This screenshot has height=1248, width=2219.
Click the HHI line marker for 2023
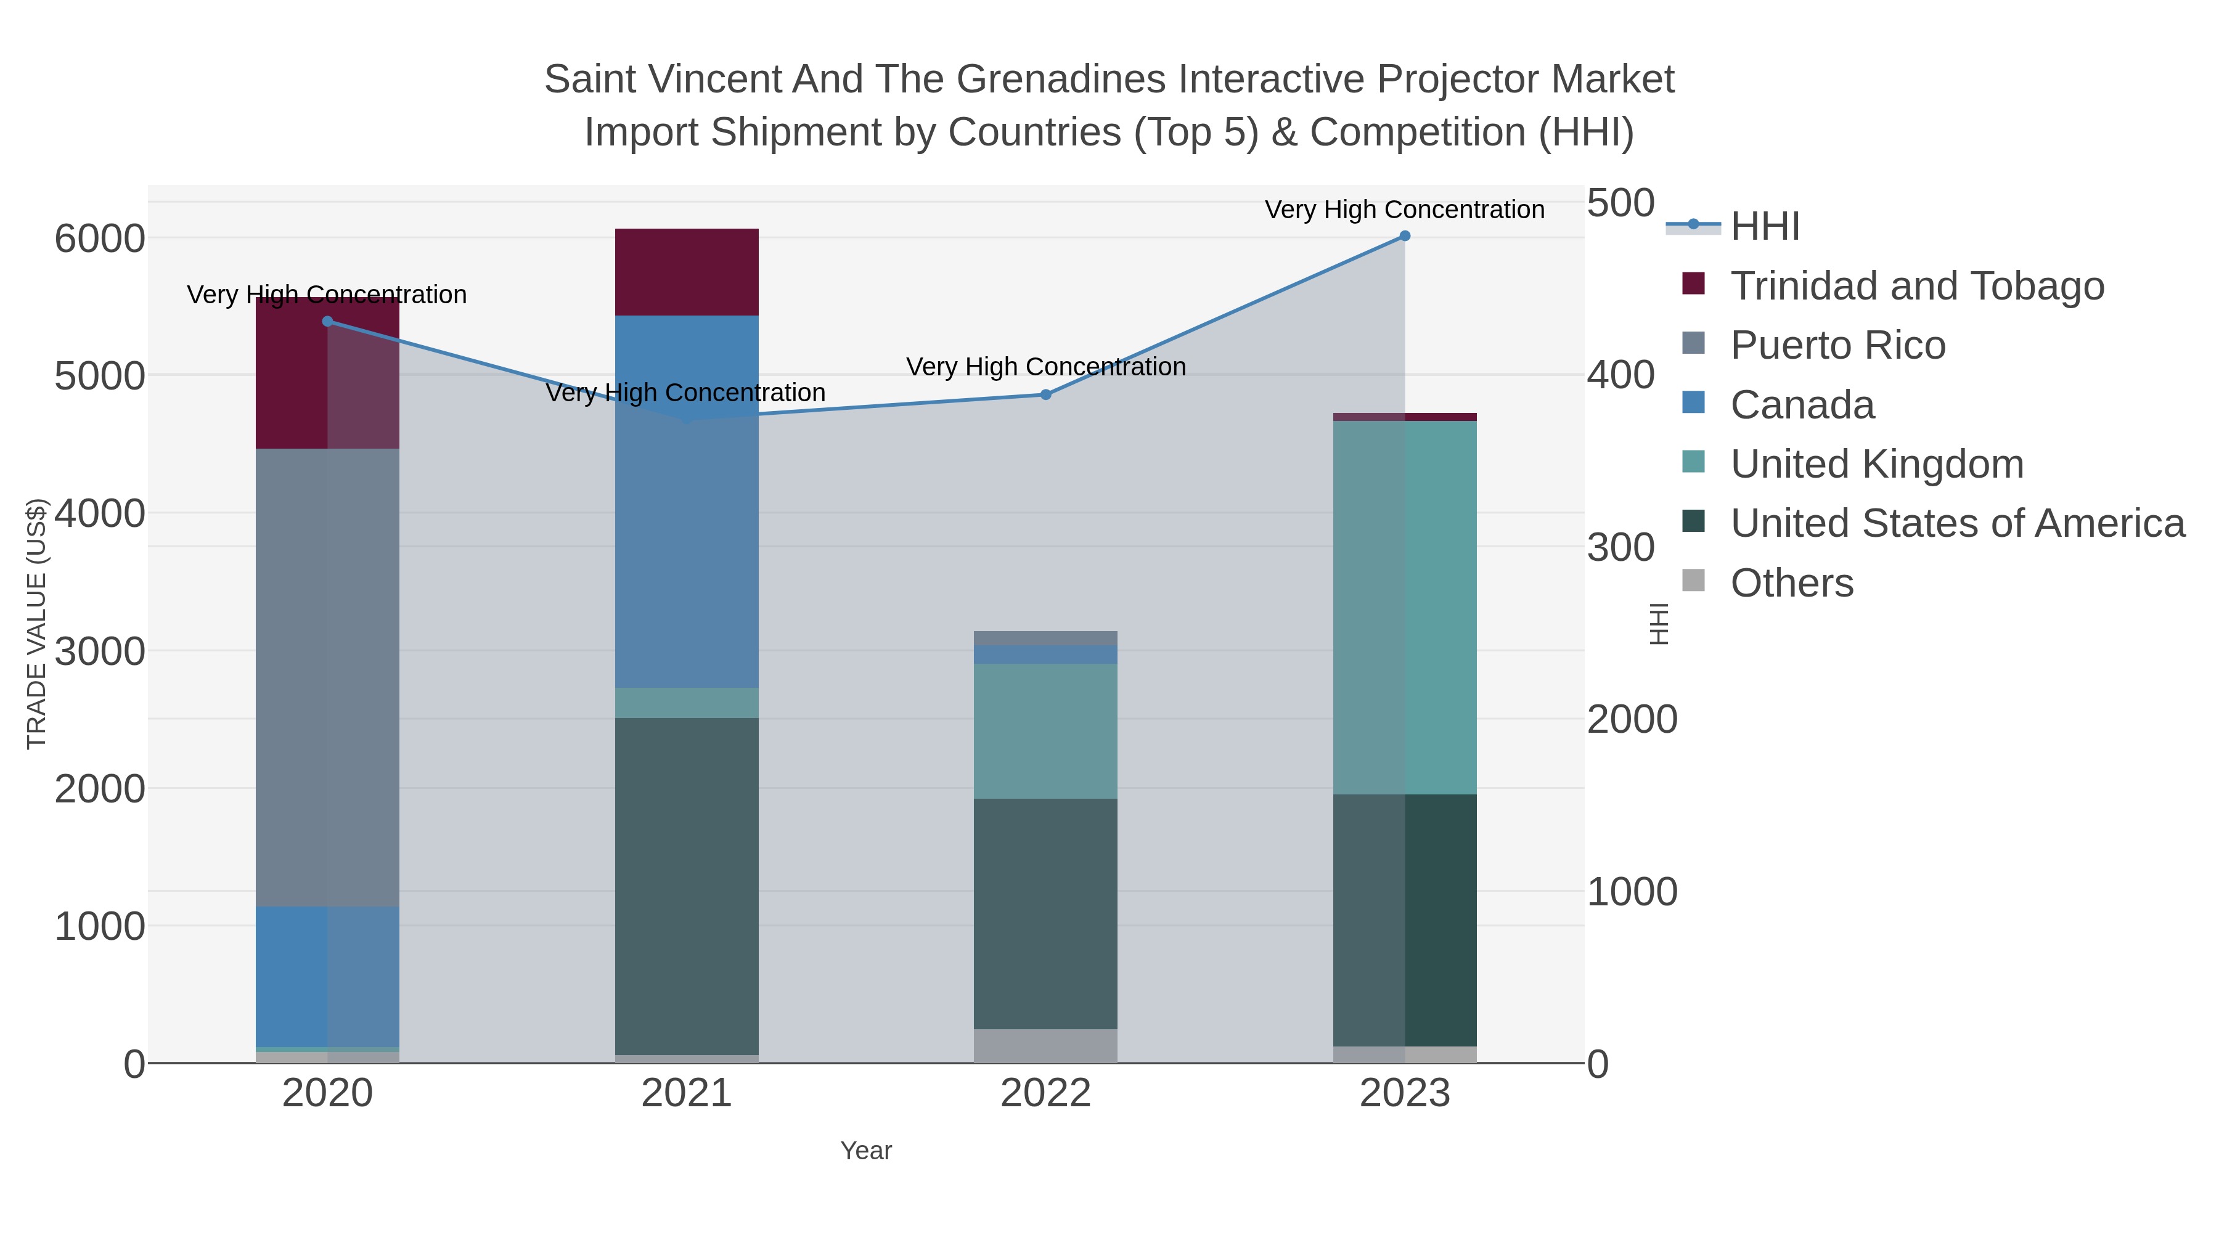[x=1404, y=236]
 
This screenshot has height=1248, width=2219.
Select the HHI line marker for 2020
[x=327, y=321]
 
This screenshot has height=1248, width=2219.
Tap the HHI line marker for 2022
[x=1046, y=394]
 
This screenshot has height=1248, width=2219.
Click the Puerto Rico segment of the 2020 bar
[x=327, y=676]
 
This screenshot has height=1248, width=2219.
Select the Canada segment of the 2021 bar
[x=687, y=501]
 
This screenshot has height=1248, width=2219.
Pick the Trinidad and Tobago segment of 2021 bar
[x=687, y=272]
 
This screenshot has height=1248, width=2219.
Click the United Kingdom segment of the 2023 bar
[x=1404, y=607]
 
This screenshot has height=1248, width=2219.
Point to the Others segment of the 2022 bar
[x=1046, y=1046]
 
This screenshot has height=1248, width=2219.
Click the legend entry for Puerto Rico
[x=1837, y=345]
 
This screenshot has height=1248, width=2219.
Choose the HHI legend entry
[x=1764, y=227]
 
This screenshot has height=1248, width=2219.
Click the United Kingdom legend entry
[x=1876, y=464]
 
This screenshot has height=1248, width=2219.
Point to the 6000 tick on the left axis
[x=99, y=239]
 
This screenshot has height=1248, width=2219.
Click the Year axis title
[x=866, y=1151]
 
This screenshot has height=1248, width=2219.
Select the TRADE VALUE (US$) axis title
[x=36, y=624]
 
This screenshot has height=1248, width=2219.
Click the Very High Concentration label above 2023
[x=1404, y=210]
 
